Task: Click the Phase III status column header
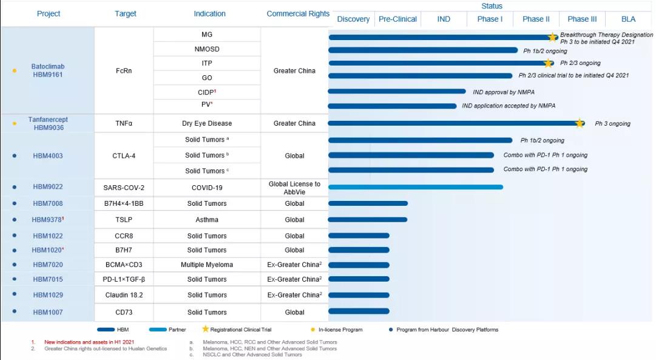coord(582,19)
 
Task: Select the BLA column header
coord(628,19)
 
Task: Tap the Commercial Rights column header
coord(298,14)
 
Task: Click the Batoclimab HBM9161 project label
coord(48,70)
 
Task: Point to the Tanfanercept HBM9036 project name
coord(48,123)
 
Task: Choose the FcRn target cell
coord(124,70)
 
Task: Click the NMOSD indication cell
coord(207,49)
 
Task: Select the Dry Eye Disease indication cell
coord(207,123)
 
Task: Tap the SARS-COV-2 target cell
coord(124,188)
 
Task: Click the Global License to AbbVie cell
coord(294,188)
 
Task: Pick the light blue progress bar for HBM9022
coord(416,187)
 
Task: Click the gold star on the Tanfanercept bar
coord(580,123)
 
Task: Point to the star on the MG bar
coord(552,37)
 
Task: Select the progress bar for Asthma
coord(368,220)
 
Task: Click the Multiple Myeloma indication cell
coord(207,265)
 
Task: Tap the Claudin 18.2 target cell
coord(124,295)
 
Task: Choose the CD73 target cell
coord(124,312)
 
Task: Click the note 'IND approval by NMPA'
coord(504,92)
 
